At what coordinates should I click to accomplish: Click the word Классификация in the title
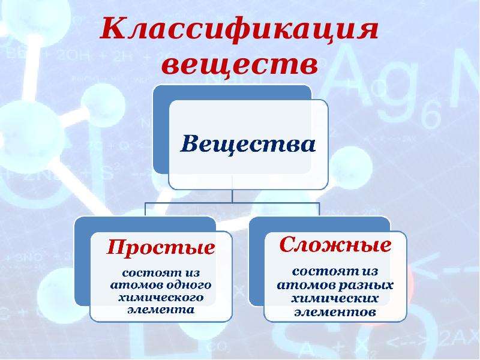(239, 29)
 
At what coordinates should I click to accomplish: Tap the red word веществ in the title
(239, 65)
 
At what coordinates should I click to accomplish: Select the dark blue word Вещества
(248, 145)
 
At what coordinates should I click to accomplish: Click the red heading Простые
(161, 247)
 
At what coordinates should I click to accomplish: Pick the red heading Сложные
(335, 245)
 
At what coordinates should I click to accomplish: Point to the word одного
(188, 286)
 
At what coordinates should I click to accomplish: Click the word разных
(366, 286)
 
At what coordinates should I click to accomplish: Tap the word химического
(161, 298)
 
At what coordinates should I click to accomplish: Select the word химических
(335, 298)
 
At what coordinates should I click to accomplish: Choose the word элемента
(161, 310)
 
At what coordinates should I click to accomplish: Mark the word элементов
(335, 312)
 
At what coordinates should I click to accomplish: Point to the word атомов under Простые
(137, 286)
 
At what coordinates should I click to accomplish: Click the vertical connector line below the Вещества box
(232, 196)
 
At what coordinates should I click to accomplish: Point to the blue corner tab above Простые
(145, 225)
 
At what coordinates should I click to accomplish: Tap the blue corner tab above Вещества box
(233, 92)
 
